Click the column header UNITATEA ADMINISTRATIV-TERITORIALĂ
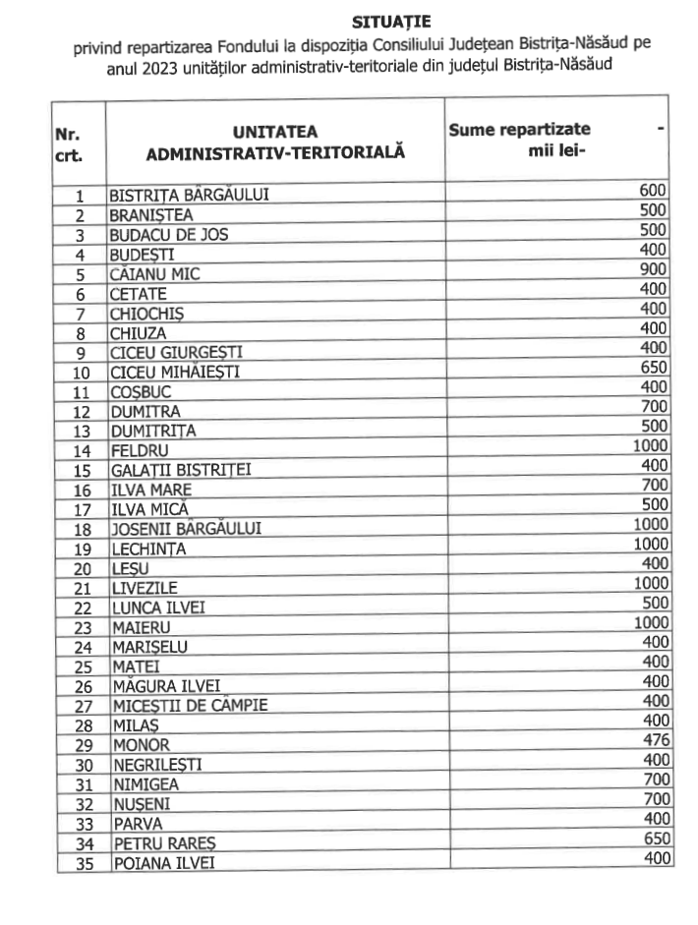click(x=275, y=142)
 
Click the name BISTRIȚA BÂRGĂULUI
click(x=190, y=195)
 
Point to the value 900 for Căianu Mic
click(x=655, y=271)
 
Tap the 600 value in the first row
click(x=655, y=191)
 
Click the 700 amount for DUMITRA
click(x=655, y=407)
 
